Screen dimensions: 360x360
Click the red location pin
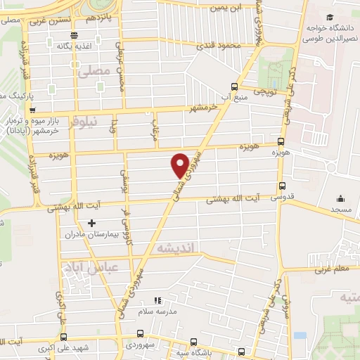click(180, 165)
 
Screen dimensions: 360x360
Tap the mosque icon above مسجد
click(340, 199)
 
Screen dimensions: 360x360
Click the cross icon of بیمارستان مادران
click(91, 224)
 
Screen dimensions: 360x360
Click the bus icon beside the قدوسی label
click(283, 187)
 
